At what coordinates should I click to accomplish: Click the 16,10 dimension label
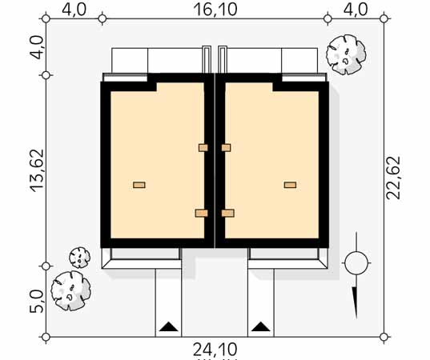(215, 10)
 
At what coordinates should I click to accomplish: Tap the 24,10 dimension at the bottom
(215, 350)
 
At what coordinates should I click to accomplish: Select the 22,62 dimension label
(393, 178)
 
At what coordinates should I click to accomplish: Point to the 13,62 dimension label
(37, 170)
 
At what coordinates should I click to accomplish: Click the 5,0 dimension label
(37, 302)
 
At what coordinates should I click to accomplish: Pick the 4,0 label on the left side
(37, 48)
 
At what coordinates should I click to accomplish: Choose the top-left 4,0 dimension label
(74, 10)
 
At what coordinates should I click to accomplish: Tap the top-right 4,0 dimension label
(356, 10)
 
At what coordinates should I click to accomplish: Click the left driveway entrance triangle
(169, 326)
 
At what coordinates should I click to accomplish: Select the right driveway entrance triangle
(261, 326)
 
